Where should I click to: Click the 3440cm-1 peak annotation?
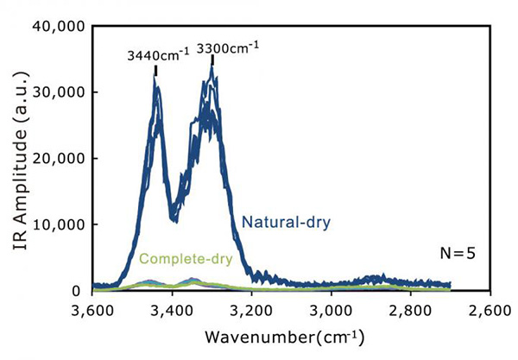tap(156, 54)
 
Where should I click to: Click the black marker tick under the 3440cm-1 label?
tap(156, 70)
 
